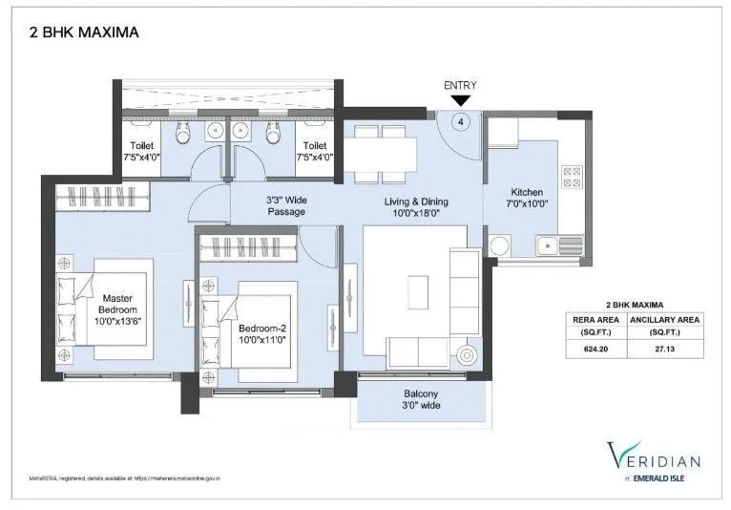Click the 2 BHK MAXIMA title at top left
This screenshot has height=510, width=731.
79,32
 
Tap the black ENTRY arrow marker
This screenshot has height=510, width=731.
460,99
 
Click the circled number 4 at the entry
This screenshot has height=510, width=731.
461,121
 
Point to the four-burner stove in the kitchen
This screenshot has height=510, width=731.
573,176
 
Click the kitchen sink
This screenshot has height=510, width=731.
547,246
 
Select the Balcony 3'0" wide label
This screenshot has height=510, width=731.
420,400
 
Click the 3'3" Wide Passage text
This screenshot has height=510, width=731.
284,205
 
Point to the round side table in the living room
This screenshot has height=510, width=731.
467,355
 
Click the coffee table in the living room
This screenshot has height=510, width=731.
417,289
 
